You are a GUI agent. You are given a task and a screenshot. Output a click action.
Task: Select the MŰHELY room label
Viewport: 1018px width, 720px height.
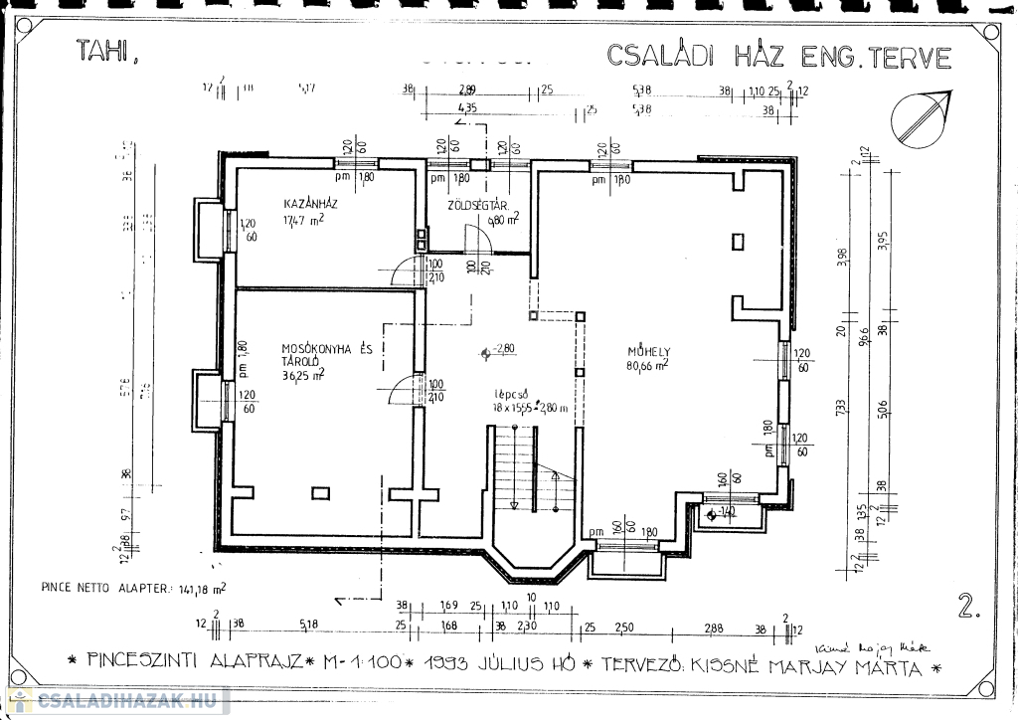(649, 351)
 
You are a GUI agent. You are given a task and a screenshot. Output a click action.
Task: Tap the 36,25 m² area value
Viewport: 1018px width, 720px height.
(304, 375)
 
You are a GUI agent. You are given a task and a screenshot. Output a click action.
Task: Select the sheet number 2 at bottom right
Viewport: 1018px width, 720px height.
(965, 606)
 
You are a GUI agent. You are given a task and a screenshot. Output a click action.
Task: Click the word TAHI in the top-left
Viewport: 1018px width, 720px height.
(102, 52)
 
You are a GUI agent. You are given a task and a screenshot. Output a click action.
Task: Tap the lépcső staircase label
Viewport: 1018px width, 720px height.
(509, 394)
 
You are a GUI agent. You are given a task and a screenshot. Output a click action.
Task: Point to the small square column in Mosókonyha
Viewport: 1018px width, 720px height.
(320, 492)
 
